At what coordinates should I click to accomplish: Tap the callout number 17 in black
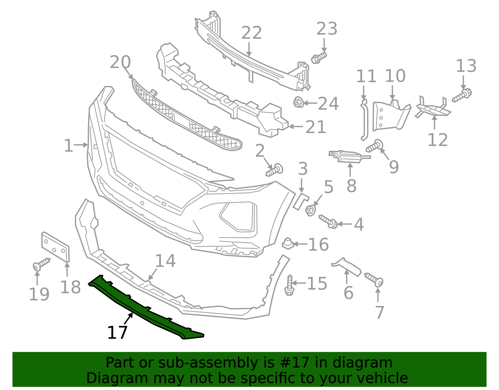117,333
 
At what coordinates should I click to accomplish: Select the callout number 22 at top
251,33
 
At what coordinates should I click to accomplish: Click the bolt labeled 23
318,58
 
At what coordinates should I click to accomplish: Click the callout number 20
120,62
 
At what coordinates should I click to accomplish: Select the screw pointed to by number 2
275,170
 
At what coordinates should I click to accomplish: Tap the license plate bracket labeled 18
56,247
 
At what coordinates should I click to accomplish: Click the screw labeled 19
41,264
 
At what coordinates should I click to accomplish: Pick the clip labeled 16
288,244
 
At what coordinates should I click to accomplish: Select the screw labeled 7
374,279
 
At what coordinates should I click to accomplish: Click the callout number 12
437,140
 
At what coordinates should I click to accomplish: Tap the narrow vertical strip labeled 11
364,120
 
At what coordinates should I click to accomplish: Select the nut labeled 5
310,210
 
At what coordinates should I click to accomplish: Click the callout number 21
316,127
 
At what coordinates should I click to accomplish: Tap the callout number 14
165,261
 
